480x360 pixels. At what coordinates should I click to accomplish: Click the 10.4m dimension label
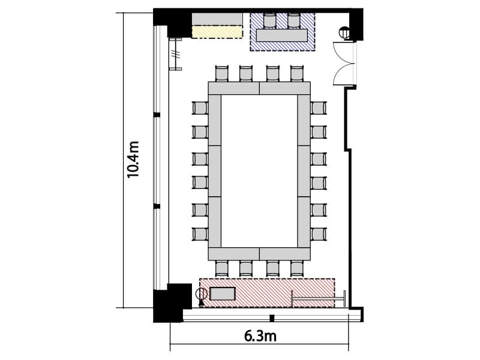(x=133, y=160)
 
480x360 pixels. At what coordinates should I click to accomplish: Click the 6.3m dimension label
(x=260, y=336)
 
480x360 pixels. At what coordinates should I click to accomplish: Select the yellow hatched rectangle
(x=217, y=32)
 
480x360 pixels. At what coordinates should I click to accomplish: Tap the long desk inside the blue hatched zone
(x=282, y=35)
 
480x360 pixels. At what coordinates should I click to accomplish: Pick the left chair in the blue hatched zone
(x=269, y=20)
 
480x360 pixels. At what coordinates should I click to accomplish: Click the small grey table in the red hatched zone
(x=223, y=294)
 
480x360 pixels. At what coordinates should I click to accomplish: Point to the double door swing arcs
(x=344, y=64)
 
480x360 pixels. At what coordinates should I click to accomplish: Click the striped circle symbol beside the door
(x=344, y=32)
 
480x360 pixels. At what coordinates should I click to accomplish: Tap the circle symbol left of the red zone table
(x=202, y=294)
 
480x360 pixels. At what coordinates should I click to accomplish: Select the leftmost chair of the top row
(x=222, y=73)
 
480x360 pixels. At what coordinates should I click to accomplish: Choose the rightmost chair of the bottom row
(x=296, y=268)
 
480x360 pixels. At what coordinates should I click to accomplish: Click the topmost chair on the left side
(x=200, y=108)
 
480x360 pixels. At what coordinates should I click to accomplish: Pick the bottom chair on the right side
(x=319, y=234)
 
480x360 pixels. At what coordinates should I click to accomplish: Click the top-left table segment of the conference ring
(x=234, y=88)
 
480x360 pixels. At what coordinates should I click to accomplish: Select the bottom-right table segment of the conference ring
(x=285, y=254)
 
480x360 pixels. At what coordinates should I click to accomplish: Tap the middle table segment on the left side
(x=215, y=171)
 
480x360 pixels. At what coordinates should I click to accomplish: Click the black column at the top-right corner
(x=356, y=25)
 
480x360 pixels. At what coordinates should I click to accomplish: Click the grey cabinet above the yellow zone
(x=217, y=19)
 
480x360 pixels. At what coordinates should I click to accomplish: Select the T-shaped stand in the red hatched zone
(x=319, y=298)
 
